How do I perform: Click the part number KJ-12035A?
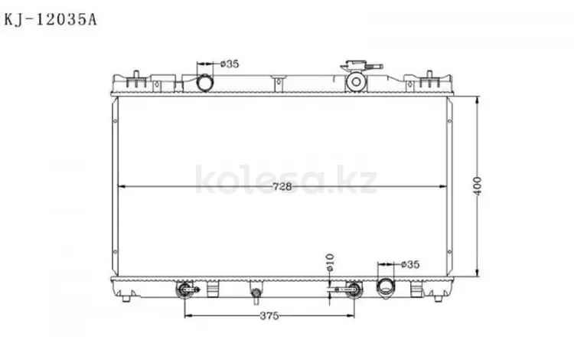point(51,19)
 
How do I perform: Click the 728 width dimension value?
point(282,187)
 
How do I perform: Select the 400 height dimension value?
point(478,186)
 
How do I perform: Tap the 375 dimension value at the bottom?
point(269,316)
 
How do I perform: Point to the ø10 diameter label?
point(330,262)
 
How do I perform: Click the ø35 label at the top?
point(230,64)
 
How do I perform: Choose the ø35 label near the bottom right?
point(410,264)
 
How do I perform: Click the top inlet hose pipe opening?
point(204,83)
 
